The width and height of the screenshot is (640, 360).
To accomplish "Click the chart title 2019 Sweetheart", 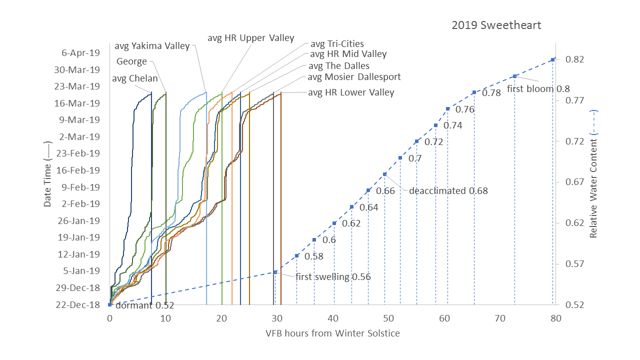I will click(x=496, y=25).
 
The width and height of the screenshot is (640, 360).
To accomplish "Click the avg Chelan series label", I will click(x=134, y=78).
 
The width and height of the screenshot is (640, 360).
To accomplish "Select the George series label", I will click(x=131, y=61).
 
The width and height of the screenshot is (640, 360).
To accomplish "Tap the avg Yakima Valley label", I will click(x=152, y=46).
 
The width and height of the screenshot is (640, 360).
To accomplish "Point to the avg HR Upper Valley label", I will click(x=251, y=37).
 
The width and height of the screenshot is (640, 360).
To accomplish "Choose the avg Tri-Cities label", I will click(x=337, y=44).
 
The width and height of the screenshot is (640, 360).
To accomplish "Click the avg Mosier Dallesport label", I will click(x=354, y=76).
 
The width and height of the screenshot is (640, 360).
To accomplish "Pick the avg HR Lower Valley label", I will click(x=351, y=92).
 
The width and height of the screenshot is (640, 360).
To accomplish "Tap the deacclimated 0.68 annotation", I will click(x=448, y=190).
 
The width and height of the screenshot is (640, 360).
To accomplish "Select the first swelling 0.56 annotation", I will click(x=333, y=277).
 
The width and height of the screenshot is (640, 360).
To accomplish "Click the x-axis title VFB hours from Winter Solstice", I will click(x=333, y=333).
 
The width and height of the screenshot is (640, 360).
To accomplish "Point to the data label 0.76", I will click(x=464, y=109).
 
